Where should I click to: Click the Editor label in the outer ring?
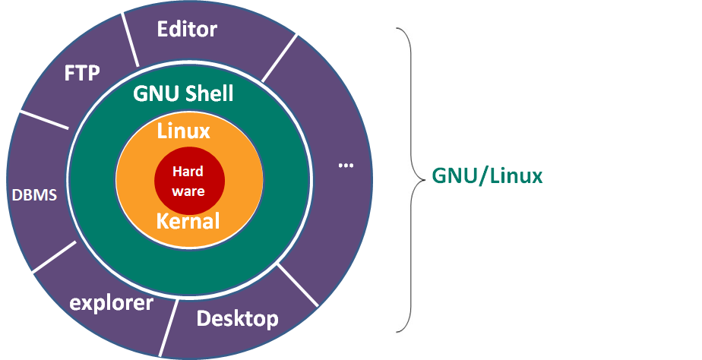pyautogui.click(x=187, y=30)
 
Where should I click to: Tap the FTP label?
pyautogui.click(x=82, y=74)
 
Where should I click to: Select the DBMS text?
pyautogui.click(x=34, y=194)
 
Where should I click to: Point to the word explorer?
pyautogui.click(x=111, y=304)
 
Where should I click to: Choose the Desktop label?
pyautogui.click(x=237, y=319)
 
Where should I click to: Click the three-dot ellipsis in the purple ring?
pyautogui.click(x=346, y=165)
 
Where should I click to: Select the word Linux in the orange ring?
pyautogui.click(x=183, y=131)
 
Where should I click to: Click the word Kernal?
pyautogui.click(x=188, y=222)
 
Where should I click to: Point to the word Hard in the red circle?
pyautogui.click(x=188, y=171)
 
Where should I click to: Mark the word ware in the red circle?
pyautogui.click(x=188, y=191)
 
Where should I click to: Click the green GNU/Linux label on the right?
pyautogui.click(x=487, y=176)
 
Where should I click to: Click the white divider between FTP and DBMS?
pyautogui.click(x=44, y=120)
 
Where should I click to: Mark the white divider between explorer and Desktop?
pyautogui.click(x=169, y=327)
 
